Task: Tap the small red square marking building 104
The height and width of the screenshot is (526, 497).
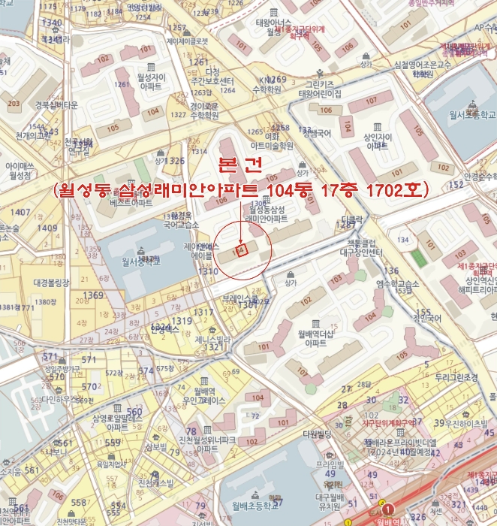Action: [242, 250]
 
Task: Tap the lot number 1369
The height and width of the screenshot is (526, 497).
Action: [94, 295]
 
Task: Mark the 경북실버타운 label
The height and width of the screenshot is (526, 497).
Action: [35, 104]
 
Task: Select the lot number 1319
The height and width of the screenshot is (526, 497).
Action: [181, 321]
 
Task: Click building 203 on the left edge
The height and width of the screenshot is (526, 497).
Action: [13, 104]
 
